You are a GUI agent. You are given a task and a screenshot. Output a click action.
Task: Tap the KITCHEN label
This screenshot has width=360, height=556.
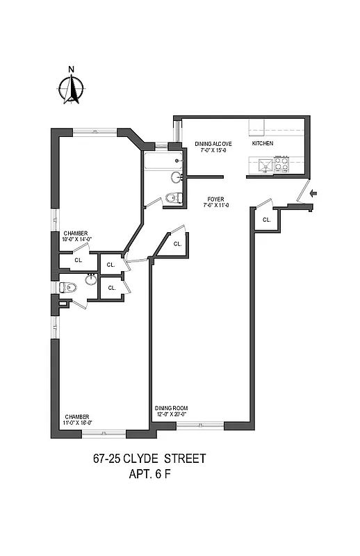coord(262,144)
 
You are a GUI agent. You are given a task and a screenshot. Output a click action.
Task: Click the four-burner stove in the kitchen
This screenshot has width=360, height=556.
coord(281,164)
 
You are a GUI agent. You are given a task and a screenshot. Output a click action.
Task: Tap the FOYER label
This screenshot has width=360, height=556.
coord(215,198)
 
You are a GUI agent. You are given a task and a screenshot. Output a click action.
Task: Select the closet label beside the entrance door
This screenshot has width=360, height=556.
coord(266,220)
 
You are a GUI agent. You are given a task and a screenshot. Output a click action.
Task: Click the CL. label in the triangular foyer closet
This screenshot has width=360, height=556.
coord(177,244)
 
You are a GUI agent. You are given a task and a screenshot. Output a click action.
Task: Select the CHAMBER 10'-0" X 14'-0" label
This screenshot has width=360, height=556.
coord(77,236)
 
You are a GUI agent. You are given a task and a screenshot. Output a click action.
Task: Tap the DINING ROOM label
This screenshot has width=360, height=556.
coord(171,408)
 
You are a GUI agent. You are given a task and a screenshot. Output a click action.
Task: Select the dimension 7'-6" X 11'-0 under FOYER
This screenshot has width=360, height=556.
coord(215,205)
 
